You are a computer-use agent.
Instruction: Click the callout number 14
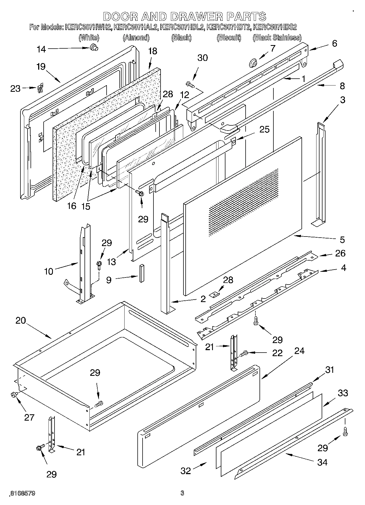(41, 49)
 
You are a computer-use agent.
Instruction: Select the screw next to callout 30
(190, 84)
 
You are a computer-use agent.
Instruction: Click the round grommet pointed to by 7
(253, 64)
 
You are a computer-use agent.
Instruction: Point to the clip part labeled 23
(40, 88)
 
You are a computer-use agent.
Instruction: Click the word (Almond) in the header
(136, 37)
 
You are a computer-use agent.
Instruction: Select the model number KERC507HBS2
(275, 27)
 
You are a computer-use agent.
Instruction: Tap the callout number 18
(153, 51)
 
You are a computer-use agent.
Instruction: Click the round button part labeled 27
(13, 394)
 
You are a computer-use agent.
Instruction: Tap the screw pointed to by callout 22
(243, 354)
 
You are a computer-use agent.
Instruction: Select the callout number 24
(299, 351)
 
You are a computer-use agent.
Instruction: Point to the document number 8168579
(22, 493)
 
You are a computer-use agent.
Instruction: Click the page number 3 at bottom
(182, 493)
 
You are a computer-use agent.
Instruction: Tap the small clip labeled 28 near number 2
(215, 294)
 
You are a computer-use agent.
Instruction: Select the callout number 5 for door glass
(342, 240)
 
